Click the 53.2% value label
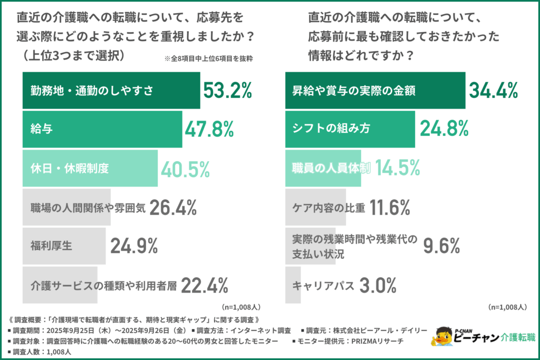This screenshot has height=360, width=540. coord(228,91)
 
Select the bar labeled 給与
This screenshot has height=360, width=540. coord(102,129)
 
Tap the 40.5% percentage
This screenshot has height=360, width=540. coord(186,169)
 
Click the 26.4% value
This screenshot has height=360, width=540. coord(173,208)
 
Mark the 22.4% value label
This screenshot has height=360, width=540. coord(205,286)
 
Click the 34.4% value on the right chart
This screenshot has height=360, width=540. coord(493,91)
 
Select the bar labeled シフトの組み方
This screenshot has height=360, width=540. coord(350,129)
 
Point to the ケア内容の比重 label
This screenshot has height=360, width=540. coord(329,208)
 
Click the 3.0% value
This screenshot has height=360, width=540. coord(378,286)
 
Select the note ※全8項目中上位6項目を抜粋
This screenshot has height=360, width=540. coord(208,59)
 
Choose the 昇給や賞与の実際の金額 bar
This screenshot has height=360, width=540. coord(375,91)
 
